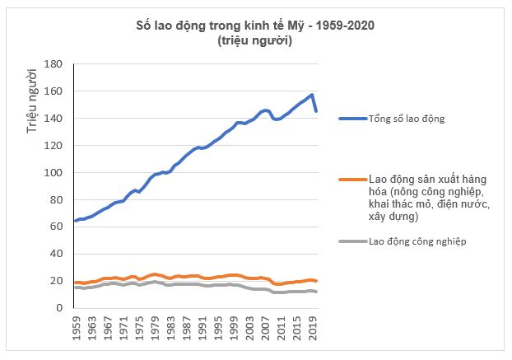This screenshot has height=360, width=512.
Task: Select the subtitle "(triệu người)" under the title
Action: pos(254,40)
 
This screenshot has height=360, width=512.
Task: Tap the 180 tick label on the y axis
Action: pos(54,64)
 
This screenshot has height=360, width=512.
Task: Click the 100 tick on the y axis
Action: pos(54,173)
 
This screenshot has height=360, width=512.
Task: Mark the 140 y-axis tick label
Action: pos(54,119)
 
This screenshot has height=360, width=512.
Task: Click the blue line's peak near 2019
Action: pos(312,95)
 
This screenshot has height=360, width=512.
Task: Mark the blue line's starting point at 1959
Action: pos(76,221)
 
